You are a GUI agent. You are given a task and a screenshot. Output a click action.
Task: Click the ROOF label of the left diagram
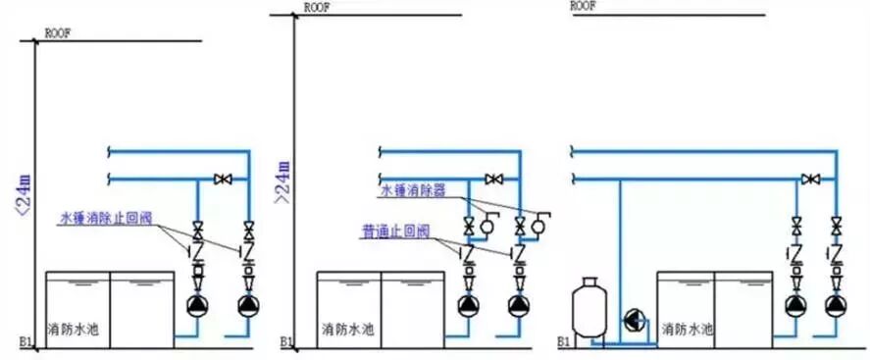click(55, 33)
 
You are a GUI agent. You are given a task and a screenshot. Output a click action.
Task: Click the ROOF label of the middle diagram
click(317, 7)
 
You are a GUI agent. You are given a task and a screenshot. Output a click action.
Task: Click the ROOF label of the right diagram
click(584, 5)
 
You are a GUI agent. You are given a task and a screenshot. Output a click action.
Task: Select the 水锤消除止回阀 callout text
click(108, 216)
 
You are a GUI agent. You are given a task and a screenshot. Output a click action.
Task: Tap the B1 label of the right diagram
click(564, 343)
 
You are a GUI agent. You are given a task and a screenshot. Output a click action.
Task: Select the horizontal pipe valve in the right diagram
click(809, 180)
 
